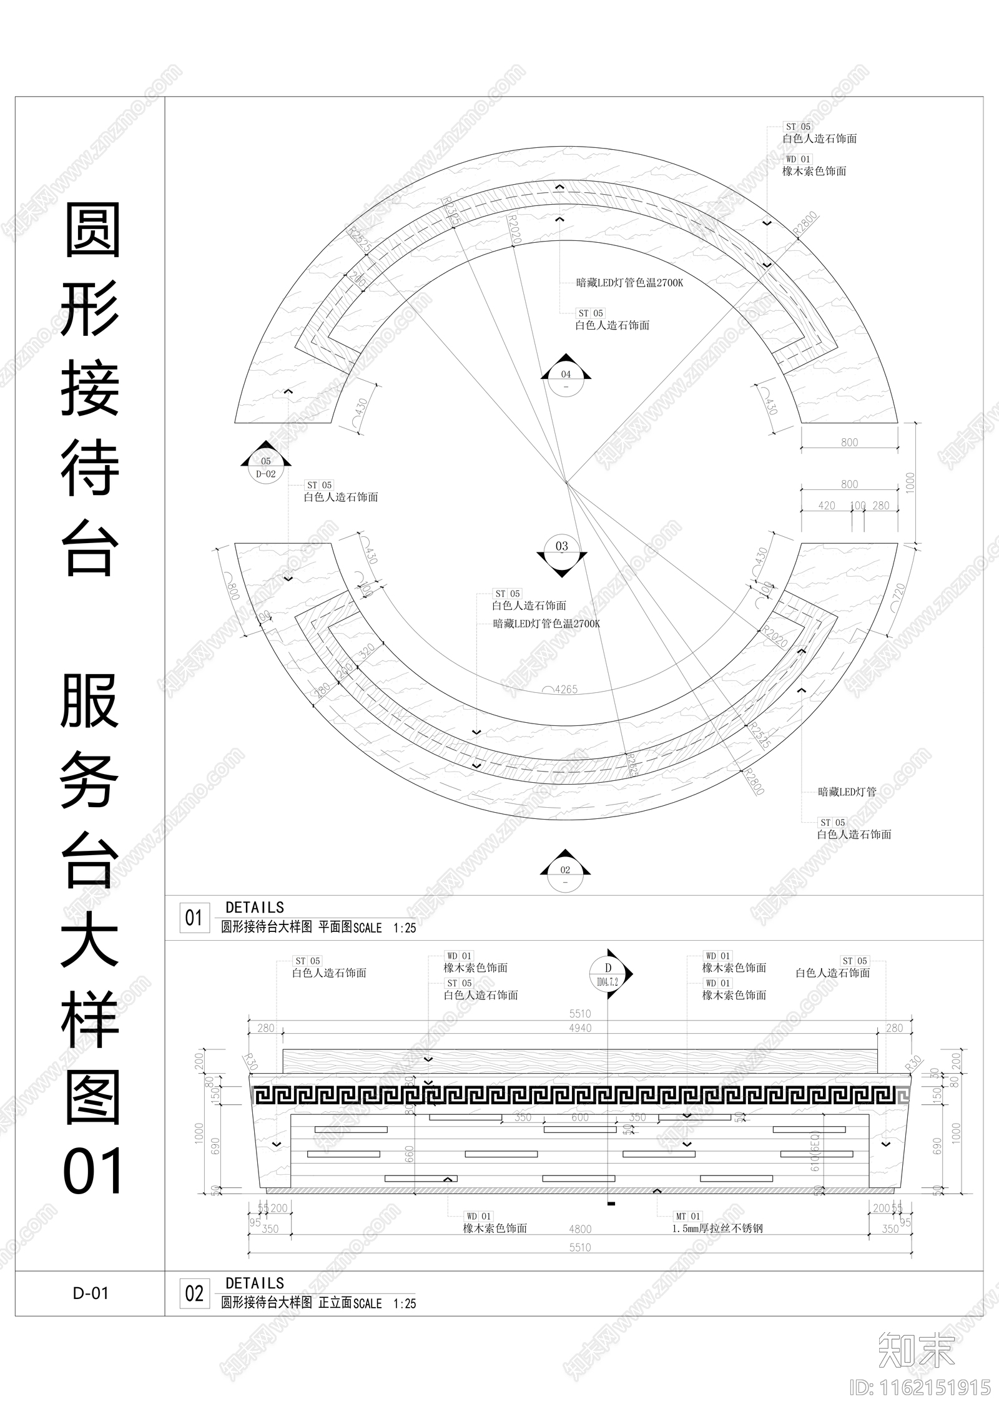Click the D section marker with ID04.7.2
pyautogui.click(x=608, y=974)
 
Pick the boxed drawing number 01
pyautogui.click(x=194, y=918)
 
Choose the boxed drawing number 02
pyautogui.click(x=194, y=1293)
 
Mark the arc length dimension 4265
pyautogui.click(x=566, y=690)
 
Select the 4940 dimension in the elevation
pyautogui.click(x=580, y=1028)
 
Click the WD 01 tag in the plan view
pyautogui.click(x=797, y=159)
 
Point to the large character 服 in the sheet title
pyautogui.click(x=90, y=701)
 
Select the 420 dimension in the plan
pyautogui.click(x=826, y=506)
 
